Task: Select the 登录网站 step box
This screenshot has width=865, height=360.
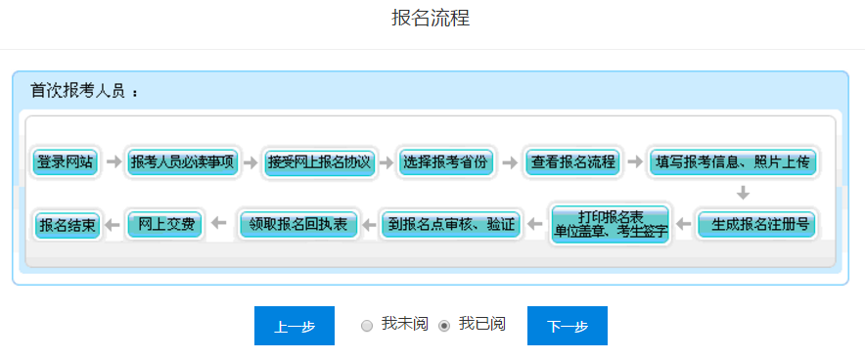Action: pos(66,162)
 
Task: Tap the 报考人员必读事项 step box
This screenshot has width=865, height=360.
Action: pos(183,162)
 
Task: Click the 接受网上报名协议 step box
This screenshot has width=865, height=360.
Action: pos(320,162)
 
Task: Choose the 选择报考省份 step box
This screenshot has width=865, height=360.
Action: pos(444,162)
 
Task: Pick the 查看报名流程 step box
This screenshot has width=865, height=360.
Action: pos(573,162)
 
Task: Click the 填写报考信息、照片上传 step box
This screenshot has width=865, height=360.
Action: pos(733,162)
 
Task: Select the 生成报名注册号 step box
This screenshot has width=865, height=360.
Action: pos(754,225)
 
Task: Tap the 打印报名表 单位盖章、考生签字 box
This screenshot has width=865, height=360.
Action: pos(611,225)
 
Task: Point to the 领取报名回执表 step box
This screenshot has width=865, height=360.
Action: pos(298,225)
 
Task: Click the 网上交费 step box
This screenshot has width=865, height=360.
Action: pos(166,225)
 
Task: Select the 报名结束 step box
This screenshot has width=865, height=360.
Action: pos(67,225)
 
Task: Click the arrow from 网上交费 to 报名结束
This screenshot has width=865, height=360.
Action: pos(113,225)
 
